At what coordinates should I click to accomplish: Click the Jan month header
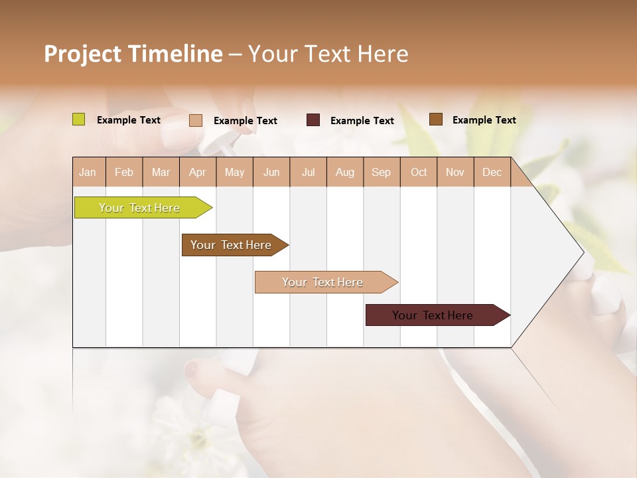88,172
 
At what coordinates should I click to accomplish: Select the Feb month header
124,172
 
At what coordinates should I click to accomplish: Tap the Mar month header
161,172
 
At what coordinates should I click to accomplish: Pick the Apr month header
198,172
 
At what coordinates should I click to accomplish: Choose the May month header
234,172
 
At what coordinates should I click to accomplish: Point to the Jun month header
271,172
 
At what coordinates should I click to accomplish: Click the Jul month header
308,172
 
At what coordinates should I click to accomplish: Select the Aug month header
345,172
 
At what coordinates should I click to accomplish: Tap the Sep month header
382,172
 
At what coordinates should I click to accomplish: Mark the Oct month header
419,172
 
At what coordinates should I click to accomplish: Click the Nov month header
455,172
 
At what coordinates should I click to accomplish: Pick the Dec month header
492,172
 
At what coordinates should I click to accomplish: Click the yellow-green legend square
79,119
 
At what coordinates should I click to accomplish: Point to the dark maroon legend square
313,120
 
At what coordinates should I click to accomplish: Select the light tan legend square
196,120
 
